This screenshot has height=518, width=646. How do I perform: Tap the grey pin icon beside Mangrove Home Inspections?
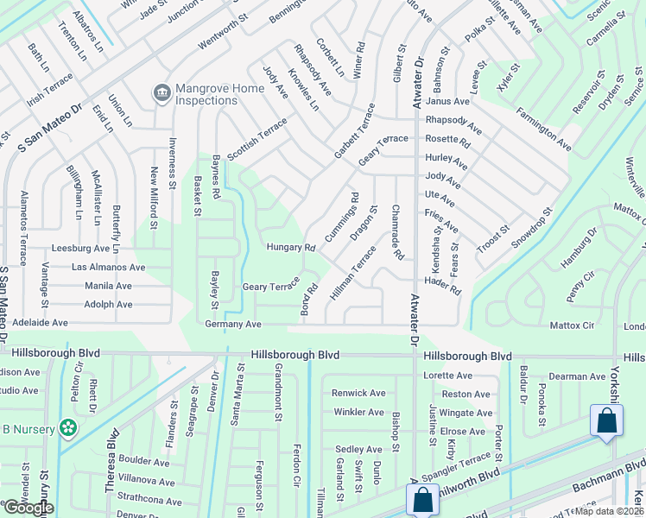pos(161,93)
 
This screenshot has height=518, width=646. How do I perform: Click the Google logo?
pos(28,508)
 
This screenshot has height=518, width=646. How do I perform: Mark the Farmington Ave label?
pos(543,127)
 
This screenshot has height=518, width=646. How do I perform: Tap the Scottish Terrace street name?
pos(256,139)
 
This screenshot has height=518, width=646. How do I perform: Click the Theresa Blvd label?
pos(111,462)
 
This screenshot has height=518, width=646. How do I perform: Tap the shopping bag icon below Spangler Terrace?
pos(421,499)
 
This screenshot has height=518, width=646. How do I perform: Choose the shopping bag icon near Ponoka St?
pos(606,420)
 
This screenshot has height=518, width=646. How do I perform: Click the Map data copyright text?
pos(610,511)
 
